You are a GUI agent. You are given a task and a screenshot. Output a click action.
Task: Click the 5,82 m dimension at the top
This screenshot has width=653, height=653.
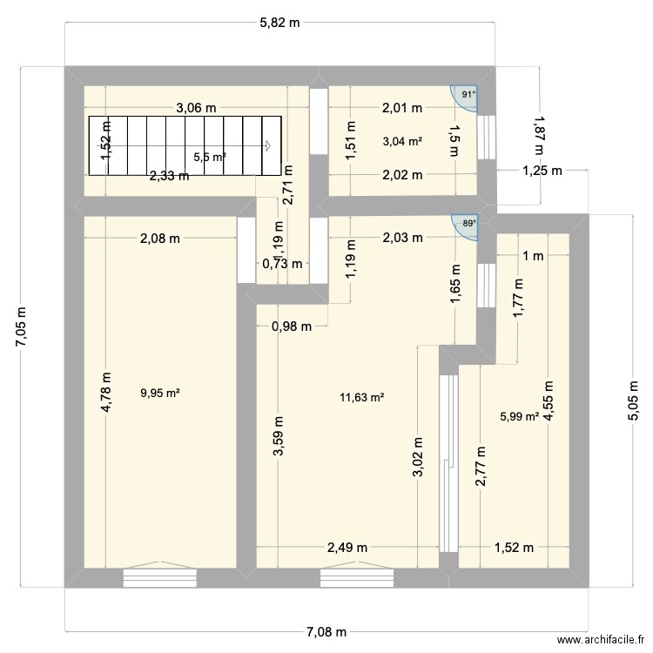[279, 23]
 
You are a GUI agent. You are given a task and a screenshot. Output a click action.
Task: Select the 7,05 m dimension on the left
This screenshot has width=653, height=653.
[21, 326]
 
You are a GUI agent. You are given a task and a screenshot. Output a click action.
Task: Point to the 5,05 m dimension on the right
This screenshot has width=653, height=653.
[633, 401]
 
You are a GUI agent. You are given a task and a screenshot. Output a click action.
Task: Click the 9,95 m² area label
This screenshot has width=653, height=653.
[160, 393]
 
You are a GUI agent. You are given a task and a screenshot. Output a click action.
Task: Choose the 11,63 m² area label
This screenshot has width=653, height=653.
[362, 397]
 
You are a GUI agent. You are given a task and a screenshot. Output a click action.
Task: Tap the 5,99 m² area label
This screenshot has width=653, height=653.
[520, 416]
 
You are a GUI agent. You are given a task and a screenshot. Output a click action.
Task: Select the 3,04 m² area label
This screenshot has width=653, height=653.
[403, 141]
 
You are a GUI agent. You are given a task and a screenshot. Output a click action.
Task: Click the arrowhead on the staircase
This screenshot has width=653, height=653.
[268, 145]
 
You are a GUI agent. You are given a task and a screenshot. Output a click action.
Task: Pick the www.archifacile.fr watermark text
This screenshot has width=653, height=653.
[601, 639]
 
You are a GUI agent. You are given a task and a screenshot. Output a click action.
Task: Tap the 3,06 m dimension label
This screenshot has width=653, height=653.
[196, 108]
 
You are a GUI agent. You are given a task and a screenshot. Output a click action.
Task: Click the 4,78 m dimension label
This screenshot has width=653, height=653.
[106, 393]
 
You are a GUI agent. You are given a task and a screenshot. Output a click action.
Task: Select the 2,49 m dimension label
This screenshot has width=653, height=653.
[347, 548]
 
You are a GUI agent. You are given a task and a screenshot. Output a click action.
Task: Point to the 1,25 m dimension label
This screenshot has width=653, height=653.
[542, 171]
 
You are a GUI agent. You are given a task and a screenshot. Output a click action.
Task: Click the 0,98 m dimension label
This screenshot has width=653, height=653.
[292, 326]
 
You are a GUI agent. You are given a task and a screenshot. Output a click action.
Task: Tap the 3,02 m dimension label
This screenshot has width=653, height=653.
[418, 456]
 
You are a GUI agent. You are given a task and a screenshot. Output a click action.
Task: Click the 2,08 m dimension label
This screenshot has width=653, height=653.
[160, 239]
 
